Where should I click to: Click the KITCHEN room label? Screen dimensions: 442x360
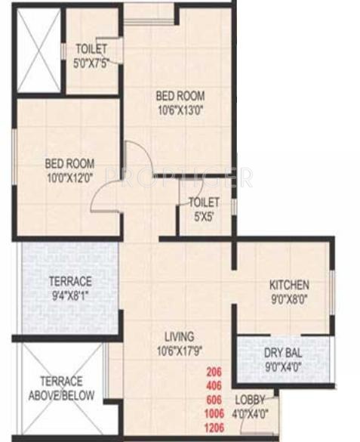tap(290, 285)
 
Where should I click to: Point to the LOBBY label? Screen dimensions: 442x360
tap(249, 400)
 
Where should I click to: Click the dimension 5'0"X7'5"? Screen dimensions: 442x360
tap(91, 62)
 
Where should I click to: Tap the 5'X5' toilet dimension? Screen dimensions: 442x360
tap(204, 215)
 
